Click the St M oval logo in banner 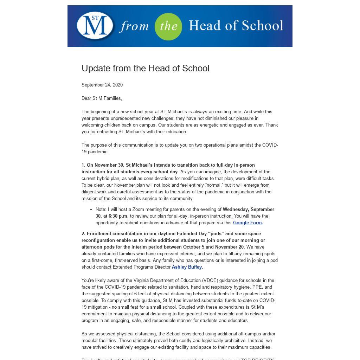(95, 26)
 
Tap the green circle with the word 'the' (168, 26)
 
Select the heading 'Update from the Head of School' (145, 68)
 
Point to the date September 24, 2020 (102, 85)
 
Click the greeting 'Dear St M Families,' (102, 98)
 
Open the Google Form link (247, 223)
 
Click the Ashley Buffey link (187, 267)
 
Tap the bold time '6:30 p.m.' (118, 216)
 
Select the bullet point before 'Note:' (91, 210)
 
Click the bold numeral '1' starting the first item (83, 165)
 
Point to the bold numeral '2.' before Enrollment (83, 234)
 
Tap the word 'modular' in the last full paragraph (90, 341)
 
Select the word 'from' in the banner (134, 27)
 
